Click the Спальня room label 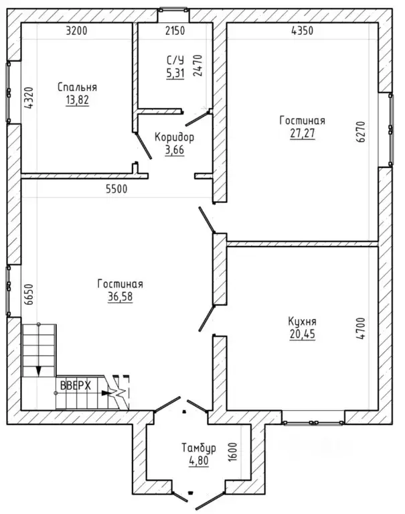click(77, 87)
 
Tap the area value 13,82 click(77, 100)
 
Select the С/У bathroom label click(175, 60)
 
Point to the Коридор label click(175, 137)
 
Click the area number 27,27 click(303, 133)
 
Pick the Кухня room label click(302, 321)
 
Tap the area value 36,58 click(120, 296)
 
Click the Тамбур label click(199, 448)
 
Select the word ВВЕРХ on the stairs click(76, 386)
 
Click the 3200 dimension click(76, 31)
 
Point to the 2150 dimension click(175, 31)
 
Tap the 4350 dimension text click(302, 31)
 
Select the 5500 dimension click(116, 189)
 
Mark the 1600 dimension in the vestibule click(232, 452)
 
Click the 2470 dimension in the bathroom click(197, 66)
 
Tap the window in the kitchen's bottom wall click(314, 423)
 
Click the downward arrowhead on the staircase click(39, 371)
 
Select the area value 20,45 click(303, 334)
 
